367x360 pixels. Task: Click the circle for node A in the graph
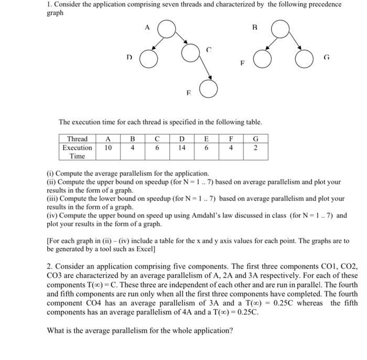tap(166, 29)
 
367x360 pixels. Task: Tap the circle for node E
tap(208, 90)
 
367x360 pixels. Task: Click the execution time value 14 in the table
tap(181, 148)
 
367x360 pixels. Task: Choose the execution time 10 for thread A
tap(107, 148)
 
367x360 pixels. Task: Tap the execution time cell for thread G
tap(255, 148)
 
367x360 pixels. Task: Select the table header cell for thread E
tap(206, 139)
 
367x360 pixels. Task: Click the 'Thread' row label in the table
tap(78, 139)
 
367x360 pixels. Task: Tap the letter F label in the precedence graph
tap(242, 63)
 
